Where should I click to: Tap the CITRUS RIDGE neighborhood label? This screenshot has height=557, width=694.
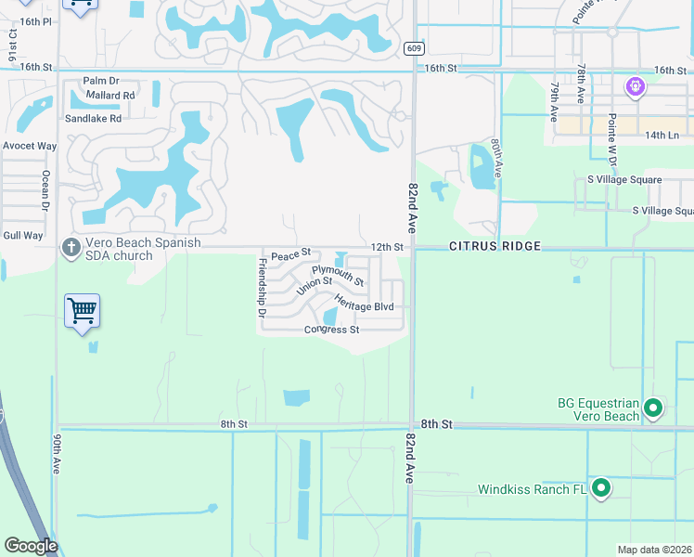tap(494, 247)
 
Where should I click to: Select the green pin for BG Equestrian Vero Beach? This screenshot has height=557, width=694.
tap(653, 408)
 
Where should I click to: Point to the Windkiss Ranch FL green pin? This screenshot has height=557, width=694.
tap(601, 487)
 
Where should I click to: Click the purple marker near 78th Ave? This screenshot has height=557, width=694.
tap(635, 88)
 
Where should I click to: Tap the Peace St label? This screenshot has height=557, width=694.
tap(290, 253)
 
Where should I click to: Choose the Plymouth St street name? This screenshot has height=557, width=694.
tap(338, 276)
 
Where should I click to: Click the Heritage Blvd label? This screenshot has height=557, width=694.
tap(365, 304)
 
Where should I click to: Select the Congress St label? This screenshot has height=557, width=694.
tap(331, 330)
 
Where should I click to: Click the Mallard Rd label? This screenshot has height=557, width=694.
tap(110, 96)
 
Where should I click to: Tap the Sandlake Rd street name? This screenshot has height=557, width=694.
tap(93, 119)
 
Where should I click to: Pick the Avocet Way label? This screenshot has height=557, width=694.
tap(29, 146)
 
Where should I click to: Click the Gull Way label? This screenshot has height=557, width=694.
tap(22, 236)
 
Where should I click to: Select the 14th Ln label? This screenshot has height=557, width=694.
tap(662, 136)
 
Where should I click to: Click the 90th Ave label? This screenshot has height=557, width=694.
tap(57, 454)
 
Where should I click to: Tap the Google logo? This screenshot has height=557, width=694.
tap(31, 546)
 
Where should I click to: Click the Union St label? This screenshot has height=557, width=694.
tap(315, 287)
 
